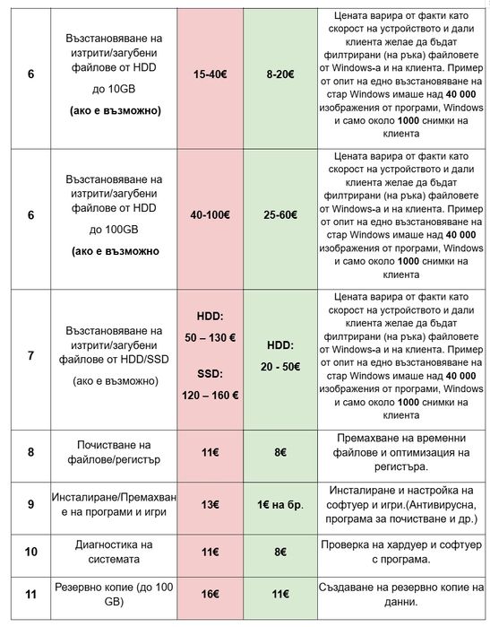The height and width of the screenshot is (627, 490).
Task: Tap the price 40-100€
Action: pyautogui.click(x=210, y=215)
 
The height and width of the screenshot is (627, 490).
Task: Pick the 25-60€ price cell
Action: pyautogui.click(x=279, y=215)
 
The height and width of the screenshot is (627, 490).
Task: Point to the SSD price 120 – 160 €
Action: pyautogui.click(x=210, y=395)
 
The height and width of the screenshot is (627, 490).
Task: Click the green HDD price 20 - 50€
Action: pyautogui.click(x=279, y=367)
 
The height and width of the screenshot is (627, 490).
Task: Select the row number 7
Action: pyautogui.click(x=30, y=356)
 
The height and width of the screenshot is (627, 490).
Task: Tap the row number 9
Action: pyautogui.click(x=30, y=504)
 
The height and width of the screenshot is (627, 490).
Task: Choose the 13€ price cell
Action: pyautogui.click(x=210, y=504)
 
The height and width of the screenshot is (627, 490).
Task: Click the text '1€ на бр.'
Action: pyautogui.click(x=279, y=504)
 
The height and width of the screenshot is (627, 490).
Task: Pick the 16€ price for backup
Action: pyautogui.click(x=210, y=593)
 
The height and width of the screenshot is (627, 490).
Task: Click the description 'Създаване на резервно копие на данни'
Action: pyautogui.click(x=400, y=593)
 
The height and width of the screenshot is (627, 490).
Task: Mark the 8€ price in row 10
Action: pyautogui.click(x=279, y=552)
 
